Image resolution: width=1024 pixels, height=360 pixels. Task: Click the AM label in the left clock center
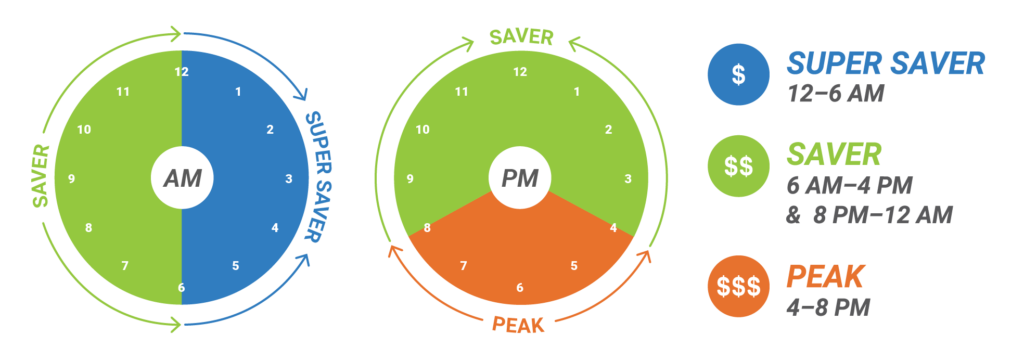coord(182,179)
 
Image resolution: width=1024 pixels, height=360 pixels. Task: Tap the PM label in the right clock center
coord(520,179)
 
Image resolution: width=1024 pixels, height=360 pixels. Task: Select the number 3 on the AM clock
coord(289,179)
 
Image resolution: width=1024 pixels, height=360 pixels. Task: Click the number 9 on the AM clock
coord(72,179)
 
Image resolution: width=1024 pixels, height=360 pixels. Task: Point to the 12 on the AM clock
coord(181,72)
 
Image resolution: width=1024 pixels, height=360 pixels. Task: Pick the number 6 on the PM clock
coord(520,288)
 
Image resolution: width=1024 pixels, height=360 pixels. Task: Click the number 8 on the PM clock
coord(427,228)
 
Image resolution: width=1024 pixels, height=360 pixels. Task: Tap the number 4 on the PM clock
coord(613,228)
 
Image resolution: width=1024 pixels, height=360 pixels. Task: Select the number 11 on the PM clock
coord(462,92)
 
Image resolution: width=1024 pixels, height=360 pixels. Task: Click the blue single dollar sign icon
coord(738,74)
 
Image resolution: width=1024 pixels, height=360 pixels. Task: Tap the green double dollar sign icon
coord(738,167)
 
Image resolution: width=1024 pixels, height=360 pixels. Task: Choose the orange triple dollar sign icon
coord(738,284)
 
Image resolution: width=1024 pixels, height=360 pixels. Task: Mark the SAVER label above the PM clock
coord(520,37)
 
